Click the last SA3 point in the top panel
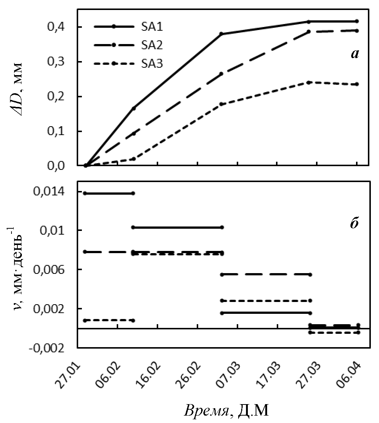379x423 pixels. coord(357,84)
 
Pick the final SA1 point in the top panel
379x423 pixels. coord(357,21)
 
